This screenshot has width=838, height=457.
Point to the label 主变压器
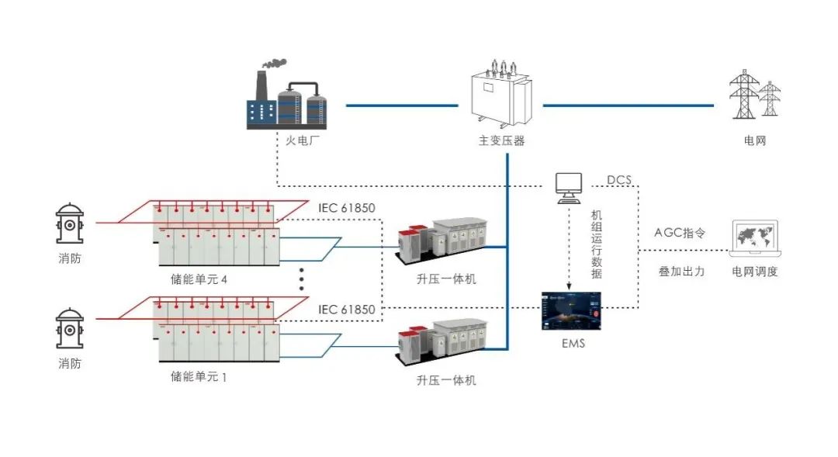(x=501, y=141)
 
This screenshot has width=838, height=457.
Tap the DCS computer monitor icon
(x=570, y=186)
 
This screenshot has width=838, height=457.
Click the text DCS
(x=619, y=180)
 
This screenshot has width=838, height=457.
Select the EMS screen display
(x=571, y=310)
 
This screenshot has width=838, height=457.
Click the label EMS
(x=573, y=342)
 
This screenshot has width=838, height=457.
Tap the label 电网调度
(x=755, y=272)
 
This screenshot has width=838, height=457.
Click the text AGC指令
(x=680, y=232)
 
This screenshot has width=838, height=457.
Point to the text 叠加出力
(x=681, y=272)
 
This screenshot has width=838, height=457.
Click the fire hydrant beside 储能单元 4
(x=70, y=224)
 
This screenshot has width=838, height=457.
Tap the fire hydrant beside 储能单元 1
(x=70, y=330)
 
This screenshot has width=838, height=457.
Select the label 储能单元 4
(x=199, y=279)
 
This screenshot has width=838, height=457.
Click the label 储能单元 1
(x=199, y=377)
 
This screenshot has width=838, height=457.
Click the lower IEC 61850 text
(x=347, y=310)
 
